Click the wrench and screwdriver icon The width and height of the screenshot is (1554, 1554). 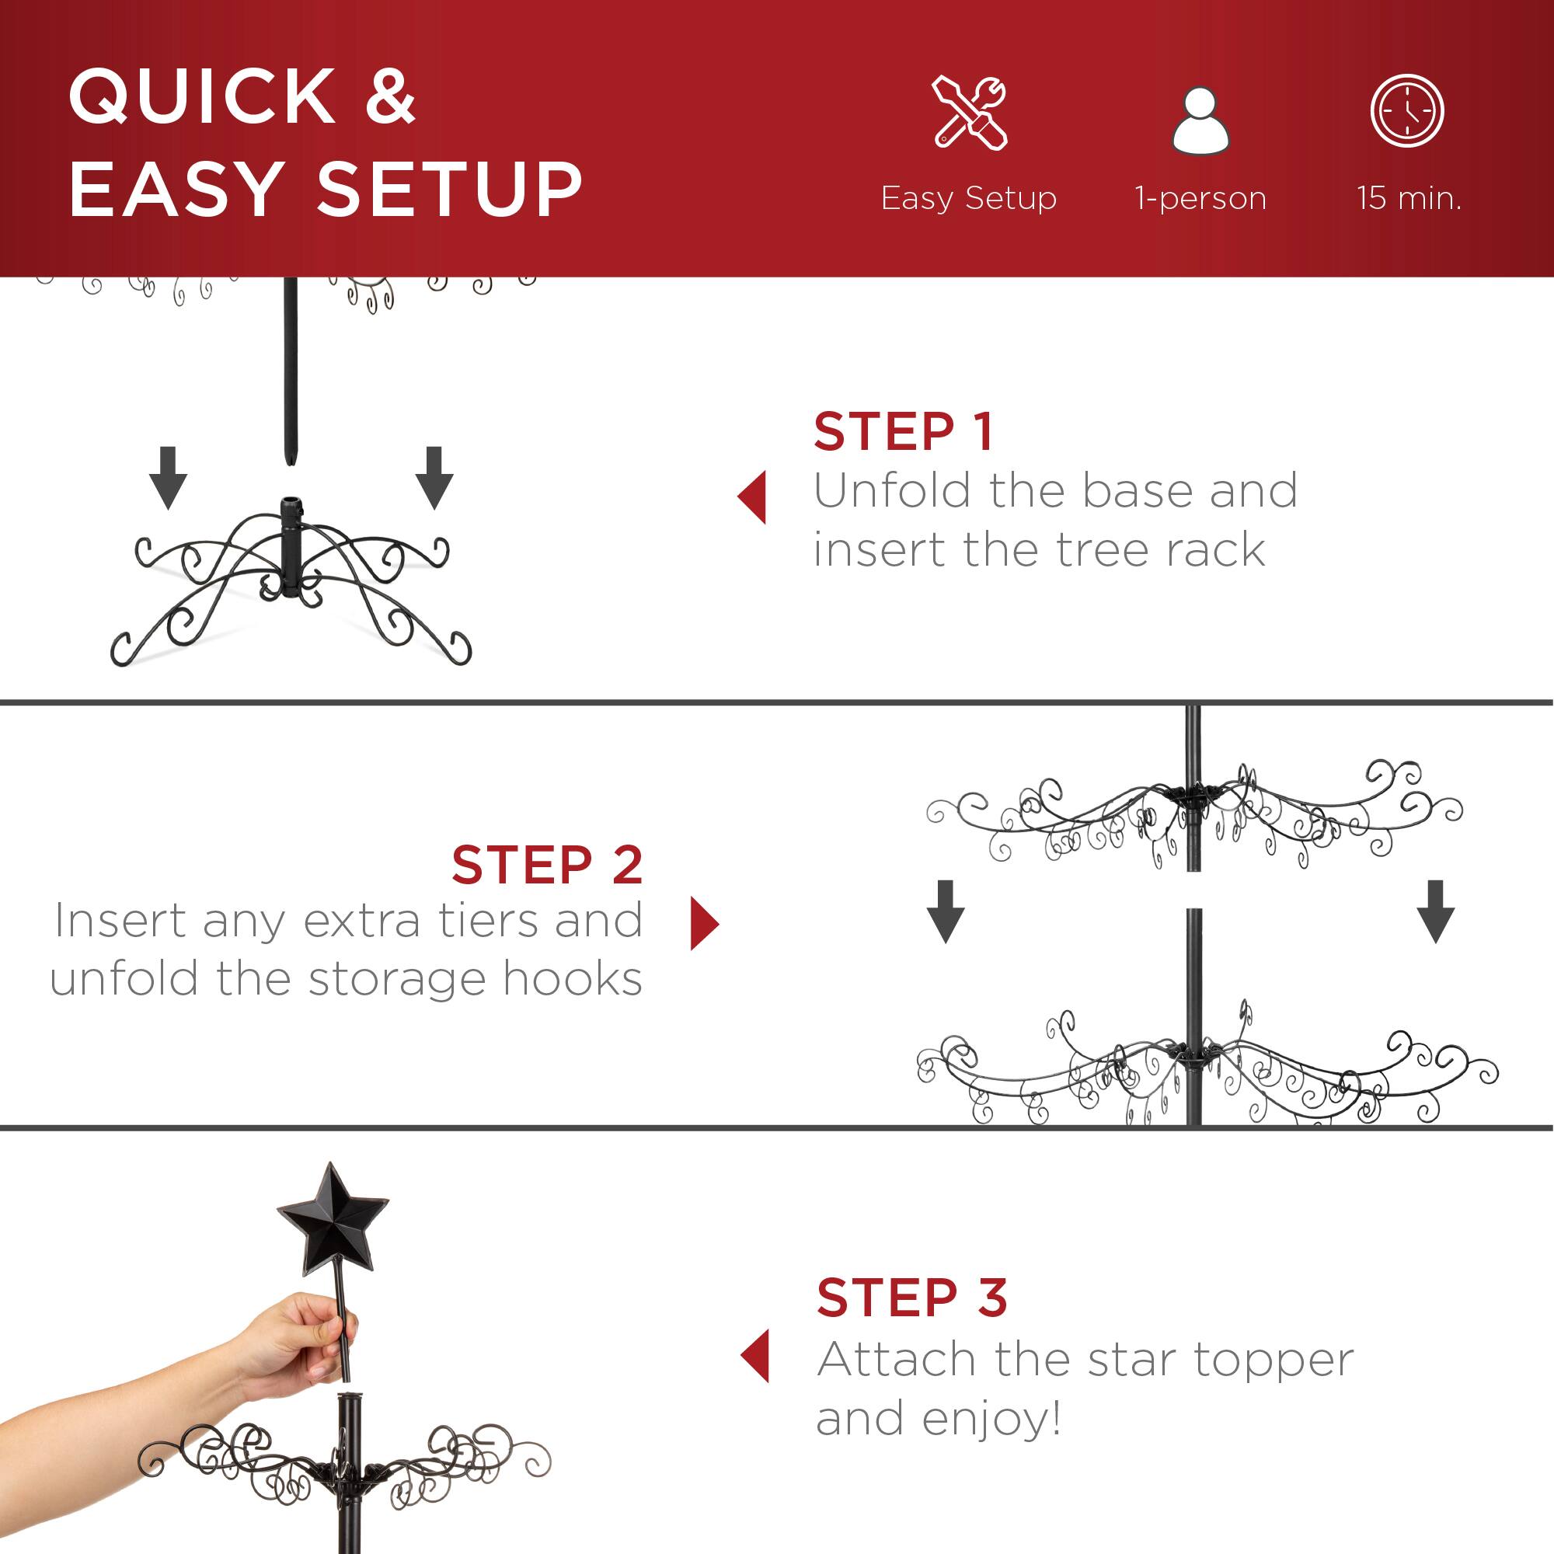pos(969,113)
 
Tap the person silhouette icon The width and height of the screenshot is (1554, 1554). pos(1200,120)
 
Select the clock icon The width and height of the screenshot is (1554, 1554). pos(1407,111)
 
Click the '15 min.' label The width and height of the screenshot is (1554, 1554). pos(1409,198)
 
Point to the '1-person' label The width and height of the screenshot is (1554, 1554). pos(1200,198)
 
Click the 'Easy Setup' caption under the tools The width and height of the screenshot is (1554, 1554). pos(968,198)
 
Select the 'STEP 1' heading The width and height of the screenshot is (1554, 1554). pos(904,432)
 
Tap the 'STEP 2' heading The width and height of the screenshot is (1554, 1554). pos(547,866)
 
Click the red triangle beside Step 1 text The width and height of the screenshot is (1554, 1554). pos(753,497)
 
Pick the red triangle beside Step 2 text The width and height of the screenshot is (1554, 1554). pos(704,923)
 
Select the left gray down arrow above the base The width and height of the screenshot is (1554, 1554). pos(168,478)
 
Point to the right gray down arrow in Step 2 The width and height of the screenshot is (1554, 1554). pos(1436,911)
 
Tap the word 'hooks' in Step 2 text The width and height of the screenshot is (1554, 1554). pos(572,979)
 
